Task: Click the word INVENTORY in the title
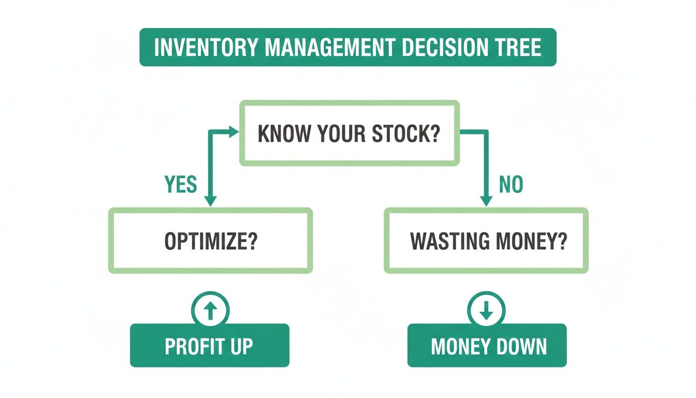pyautogui.click(x=206, y=47)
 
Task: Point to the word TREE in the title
pyautogui.click(x=518, y=47)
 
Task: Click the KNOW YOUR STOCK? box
pyautogui.click(x=349, y=134)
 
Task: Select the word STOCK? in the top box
pyautogui.click(x=406, y=134)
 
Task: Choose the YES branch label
pyautogui.click(x=181, y=184)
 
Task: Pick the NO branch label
pyautogui.click(x=511, y=184)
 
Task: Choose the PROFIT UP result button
pyautogui.click(x=209, y=346)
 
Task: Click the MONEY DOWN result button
pyautogui.click(x=487, y=346)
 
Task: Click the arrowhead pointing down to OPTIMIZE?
pyautogui.click(x=210, y=201)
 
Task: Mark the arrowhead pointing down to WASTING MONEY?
pyautogui.click(x=486, y=201)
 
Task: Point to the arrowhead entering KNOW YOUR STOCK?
pyautogui.click(x=234, y=133)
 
